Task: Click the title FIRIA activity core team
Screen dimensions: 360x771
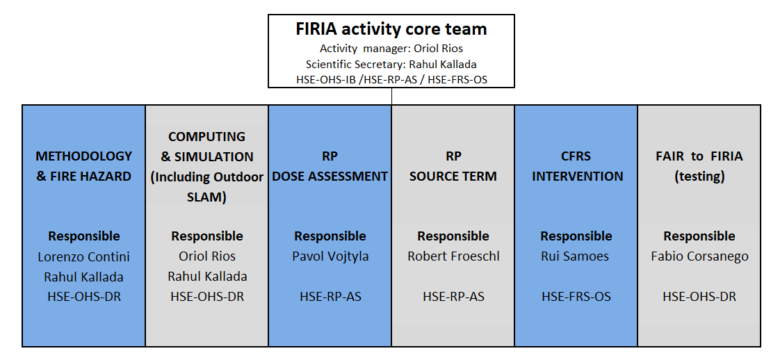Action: (x=391, y=29)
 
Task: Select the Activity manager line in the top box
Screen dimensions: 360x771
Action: (x=391, y=49)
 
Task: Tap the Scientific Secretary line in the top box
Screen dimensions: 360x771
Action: (x=391, y=64)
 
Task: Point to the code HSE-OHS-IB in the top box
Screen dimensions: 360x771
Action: (x=324, y=79)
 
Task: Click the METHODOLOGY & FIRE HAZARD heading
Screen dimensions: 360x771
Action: (x=83, y=166)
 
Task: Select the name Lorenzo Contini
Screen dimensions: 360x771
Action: (x=83, y=256)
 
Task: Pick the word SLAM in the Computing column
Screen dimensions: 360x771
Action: (x=207, y=197)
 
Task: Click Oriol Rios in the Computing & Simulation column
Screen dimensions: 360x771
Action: (x=207, y=256)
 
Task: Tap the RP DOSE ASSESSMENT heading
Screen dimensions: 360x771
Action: (x=330, y=166)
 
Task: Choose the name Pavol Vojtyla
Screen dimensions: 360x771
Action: (x=330, y=256)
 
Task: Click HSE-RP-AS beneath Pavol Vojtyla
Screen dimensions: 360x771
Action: (x=330, y=297)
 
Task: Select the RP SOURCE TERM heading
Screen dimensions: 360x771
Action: (x=453, y=166)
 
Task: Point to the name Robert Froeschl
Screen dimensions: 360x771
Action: (x=453, y=256)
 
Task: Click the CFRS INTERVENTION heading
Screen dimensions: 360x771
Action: (x=576, y=166)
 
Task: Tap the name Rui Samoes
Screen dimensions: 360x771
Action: (x=576, y=256)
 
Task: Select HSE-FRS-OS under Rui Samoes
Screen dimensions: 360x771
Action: (x=576, y=297)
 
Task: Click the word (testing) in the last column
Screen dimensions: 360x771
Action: (x=699, y=177)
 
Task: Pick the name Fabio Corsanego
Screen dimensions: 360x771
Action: (x=699, y=256)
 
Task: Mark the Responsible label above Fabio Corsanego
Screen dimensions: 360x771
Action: (x=699, y=236)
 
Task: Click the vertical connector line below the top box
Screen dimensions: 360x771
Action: (x=392, y=96)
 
